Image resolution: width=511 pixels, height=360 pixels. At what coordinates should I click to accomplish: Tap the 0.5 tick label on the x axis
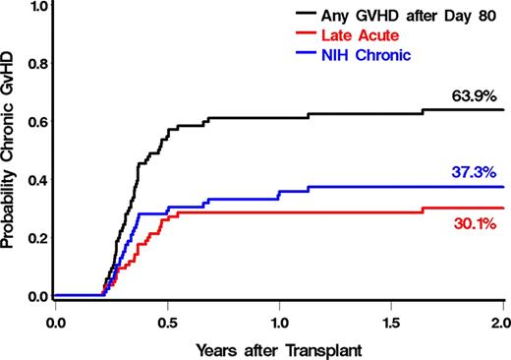(x=167, y=321)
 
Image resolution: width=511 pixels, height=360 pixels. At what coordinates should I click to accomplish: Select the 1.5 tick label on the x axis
(x=391, y=321)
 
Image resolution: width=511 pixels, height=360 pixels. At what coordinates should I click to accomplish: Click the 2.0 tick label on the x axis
(x=501, y=321)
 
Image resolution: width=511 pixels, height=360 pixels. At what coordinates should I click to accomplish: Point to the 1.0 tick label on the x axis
(x=279, y=321)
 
